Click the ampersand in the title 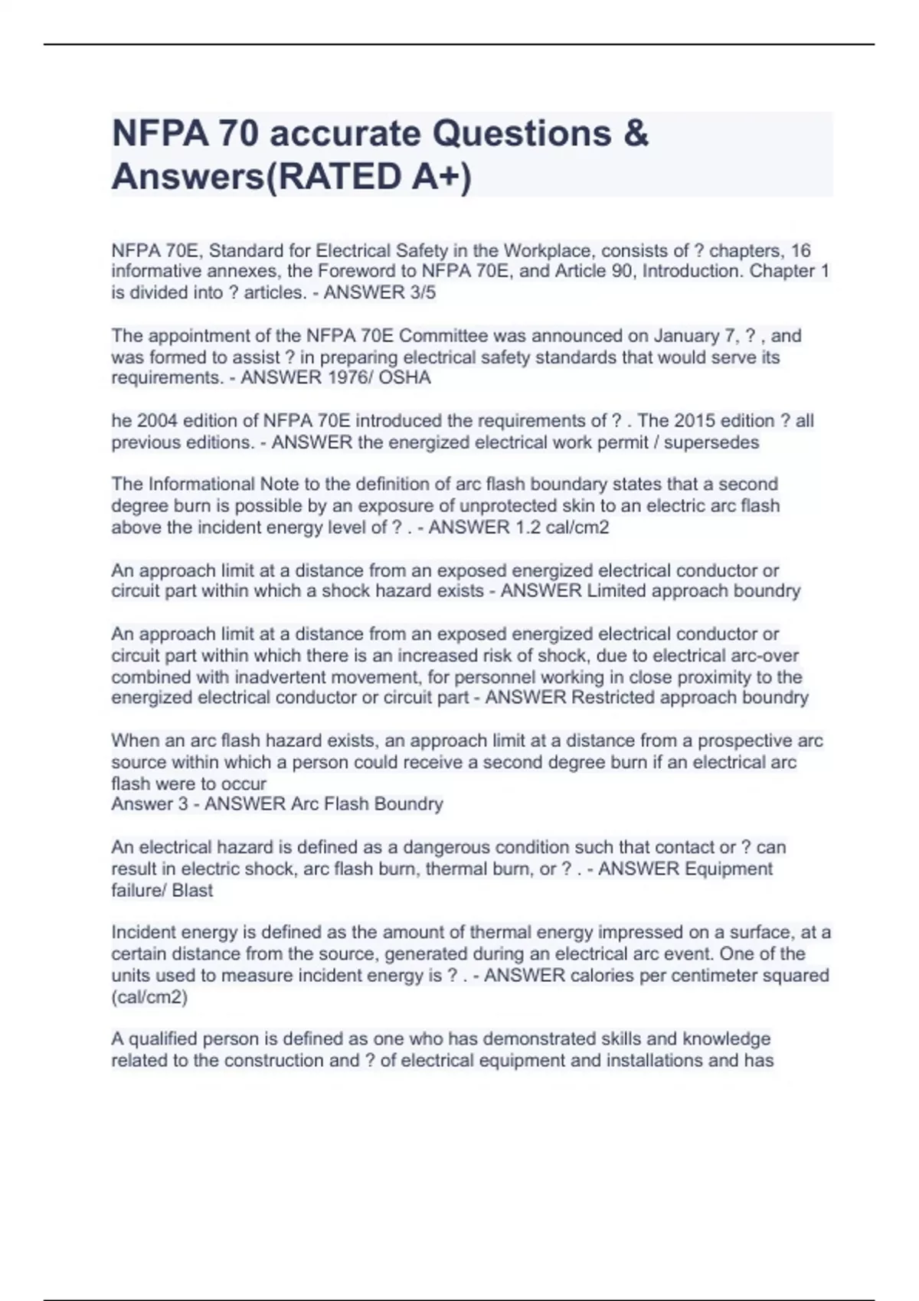pos(636,134)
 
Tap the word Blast pos(193,891)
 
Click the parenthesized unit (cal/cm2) pos(149,997)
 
